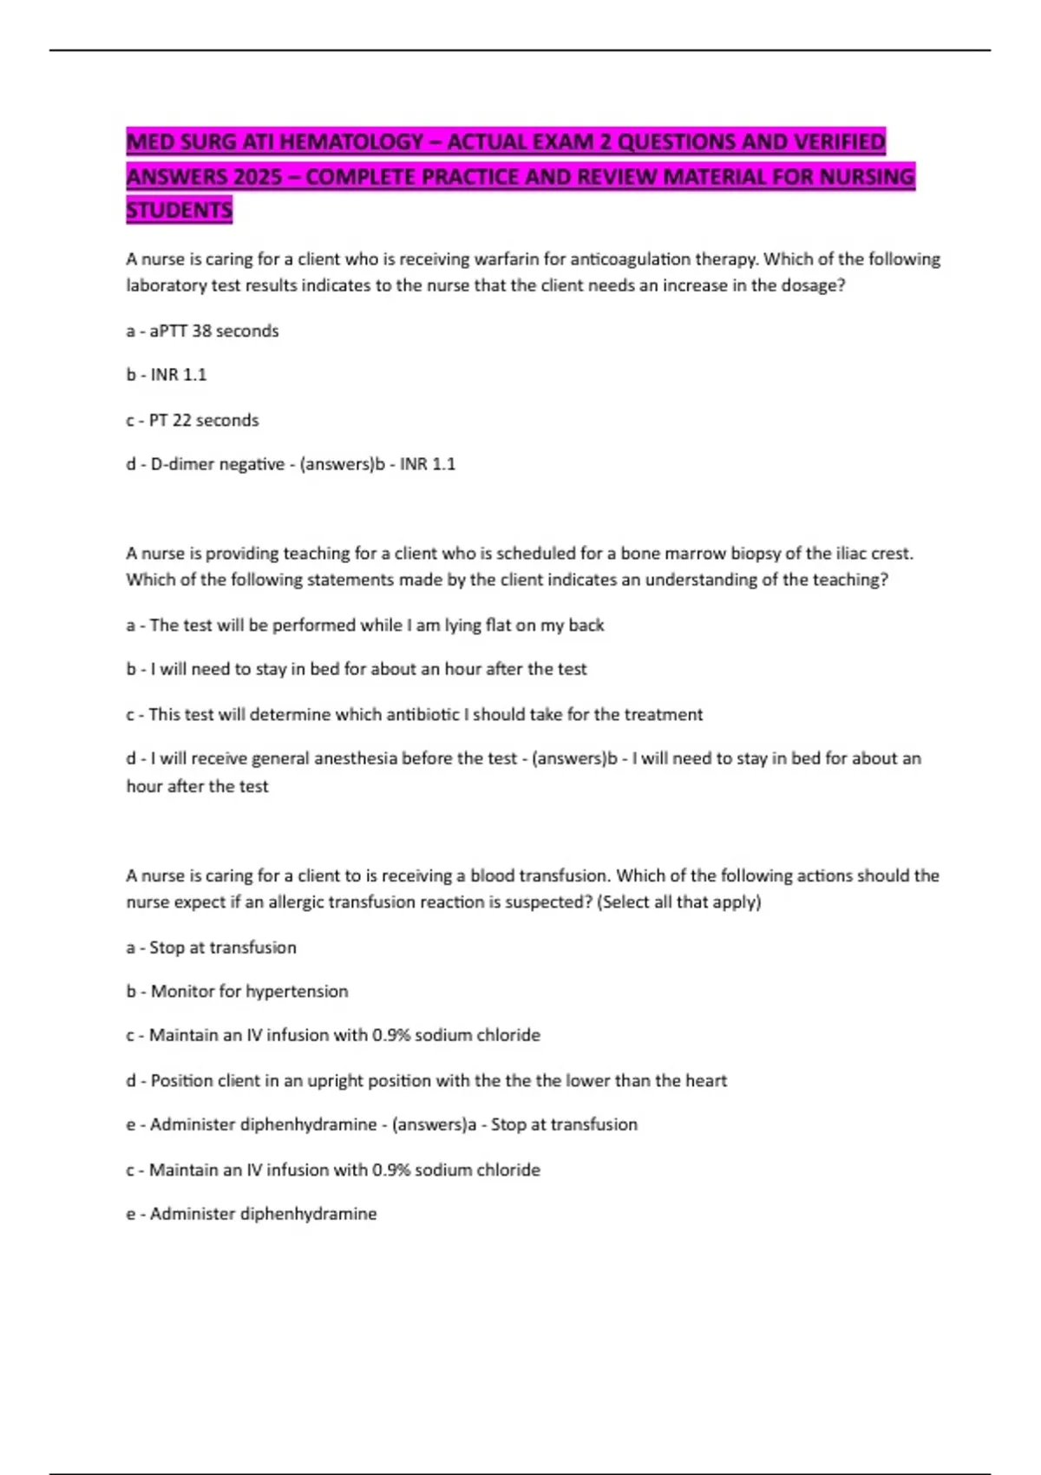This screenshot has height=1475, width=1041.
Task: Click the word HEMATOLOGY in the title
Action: [x=352, y=141]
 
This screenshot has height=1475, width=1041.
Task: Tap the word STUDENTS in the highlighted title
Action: [x=180, y=210]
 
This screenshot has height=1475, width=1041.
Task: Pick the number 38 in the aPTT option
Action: [x=201, y=331]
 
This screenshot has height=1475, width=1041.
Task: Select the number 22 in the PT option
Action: [x=182, y=420]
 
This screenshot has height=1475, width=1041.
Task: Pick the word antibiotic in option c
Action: [x=422, y=714]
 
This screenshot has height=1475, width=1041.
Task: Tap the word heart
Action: [x=706, y=1080]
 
